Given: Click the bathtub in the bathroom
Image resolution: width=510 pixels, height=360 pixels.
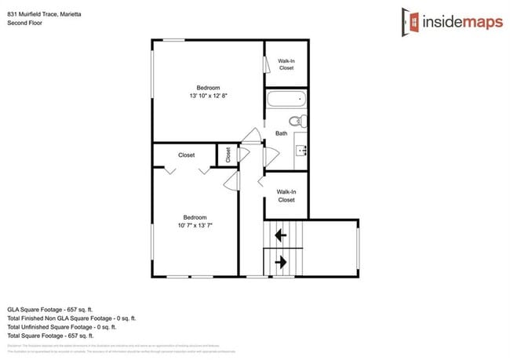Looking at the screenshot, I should click(286, 100).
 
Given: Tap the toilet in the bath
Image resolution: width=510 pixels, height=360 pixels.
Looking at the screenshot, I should click(297, 122).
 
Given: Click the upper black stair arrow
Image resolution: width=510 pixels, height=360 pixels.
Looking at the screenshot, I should click(278, 233).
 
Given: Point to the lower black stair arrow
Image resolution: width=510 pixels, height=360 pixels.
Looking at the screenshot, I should click(278, 260).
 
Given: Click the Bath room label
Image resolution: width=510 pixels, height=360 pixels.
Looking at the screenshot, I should click(281, 133).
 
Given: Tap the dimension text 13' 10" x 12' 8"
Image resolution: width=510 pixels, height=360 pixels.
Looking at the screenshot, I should click(209, 96).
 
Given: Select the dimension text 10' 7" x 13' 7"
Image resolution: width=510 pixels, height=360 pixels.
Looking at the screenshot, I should click(195, 225).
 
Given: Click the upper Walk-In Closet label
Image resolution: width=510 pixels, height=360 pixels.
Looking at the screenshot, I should click(286, 64).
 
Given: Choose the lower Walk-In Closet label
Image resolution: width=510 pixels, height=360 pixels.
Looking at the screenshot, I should click(286, 195).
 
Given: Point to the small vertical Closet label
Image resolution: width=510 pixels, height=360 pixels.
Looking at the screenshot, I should click(228, 155).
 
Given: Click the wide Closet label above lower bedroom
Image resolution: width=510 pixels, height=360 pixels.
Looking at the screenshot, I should click(187, 155).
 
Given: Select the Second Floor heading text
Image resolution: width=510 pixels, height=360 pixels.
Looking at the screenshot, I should click(24, 24).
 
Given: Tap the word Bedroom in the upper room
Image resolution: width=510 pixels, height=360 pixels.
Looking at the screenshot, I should click(208, 87).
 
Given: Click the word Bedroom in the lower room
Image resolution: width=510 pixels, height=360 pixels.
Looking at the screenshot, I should click(195, 217).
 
